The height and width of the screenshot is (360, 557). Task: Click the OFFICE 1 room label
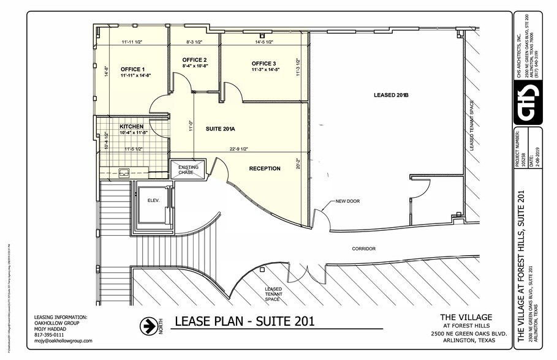click(x=132, y=69)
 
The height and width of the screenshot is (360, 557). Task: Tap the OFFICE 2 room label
click(x=195, y=59)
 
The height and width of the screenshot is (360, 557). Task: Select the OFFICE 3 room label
click(x=263, y=64)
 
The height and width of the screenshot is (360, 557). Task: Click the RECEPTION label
click(x=265, y=168)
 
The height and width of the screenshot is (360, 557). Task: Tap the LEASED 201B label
click(x=391, y=95)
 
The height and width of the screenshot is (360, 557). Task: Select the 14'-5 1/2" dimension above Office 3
click(x=263, y=42)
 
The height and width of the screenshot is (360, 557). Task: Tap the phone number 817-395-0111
click(x=49, y=335)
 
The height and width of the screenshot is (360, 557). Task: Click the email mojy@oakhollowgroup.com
click(x=64, y=341)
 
